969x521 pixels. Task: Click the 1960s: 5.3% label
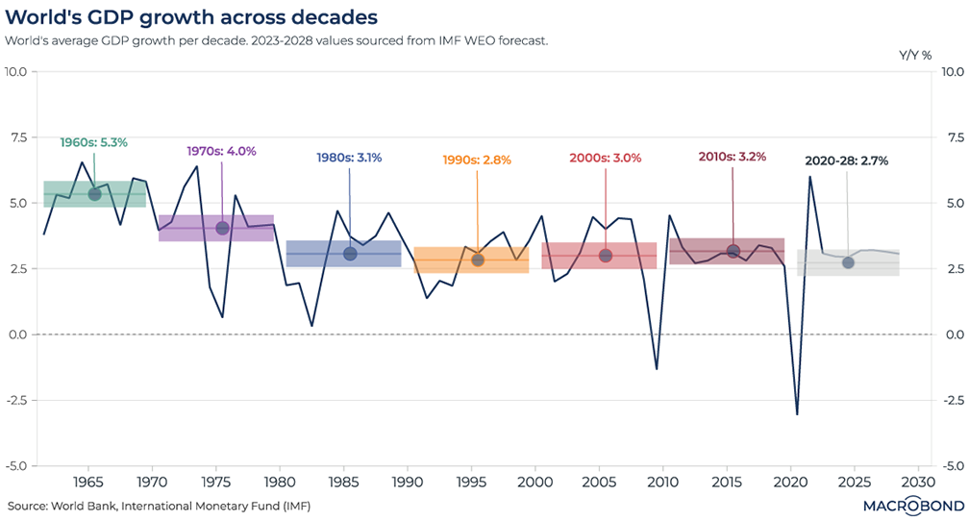coord(93,142)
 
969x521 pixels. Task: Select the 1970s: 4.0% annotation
coord(221,151)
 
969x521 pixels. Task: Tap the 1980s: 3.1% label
coord(349,158)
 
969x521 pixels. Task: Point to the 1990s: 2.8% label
coord(476,159)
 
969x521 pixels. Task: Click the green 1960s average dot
coord(94,194)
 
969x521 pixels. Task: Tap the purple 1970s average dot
coord(222,228)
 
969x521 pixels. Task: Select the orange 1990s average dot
coord(478,260)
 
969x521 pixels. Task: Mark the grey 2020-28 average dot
coord(848,262)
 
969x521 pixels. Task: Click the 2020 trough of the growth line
coord(797,414)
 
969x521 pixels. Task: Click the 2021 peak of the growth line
coord(809,177)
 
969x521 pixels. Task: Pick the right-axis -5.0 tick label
coord(950,465)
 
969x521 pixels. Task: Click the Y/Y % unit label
coord(915,55)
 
